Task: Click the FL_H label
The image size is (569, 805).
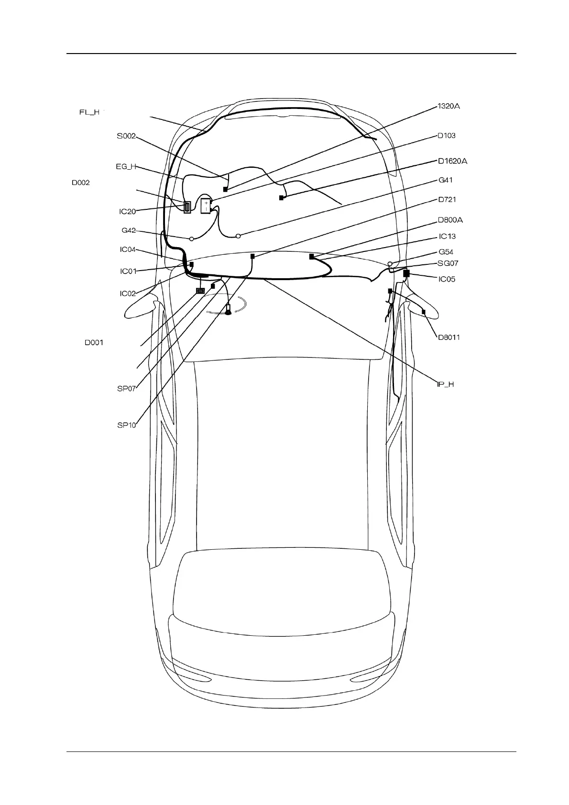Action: tap(89, 112)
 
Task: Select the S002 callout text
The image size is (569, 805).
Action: tap(126, 136)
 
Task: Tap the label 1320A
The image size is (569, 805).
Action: tap(449, 106)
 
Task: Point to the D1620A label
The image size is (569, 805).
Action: tap(452, 161)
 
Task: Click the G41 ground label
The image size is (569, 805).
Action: tap(445, 180)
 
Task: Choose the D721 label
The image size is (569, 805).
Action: tap(448, 199)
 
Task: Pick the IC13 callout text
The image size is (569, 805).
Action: tap(447, 237)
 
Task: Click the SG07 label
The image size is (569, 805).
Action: tap(448, 263)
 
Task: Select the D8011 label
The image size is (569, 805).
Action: tap(449, 337)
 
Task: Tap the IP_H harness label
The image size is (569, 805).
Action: tap(445, 384)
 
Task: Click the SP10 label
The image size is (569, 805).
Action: tap(127, 424)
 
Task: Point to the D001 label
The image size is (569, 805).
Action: tap(94, 343)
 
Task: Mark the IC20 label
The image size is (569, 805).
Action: tap(128, 211)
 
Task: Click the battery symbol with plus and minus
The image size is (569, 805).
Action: tap(206, 206)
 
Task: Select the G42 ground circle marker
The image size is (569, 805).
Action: tap(191, 238)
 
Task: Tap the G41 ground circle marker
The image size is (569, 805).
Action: tap(238, 236)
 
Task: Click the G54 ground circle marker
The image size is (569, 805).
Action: tap(390, 264)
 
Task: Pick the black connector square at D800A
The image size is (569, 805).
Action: tap(311, 257)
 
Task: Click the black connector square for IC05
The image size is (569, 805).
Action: tap(406, 273)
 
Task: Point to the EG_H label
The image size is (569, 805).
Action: tap(126, 167)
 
